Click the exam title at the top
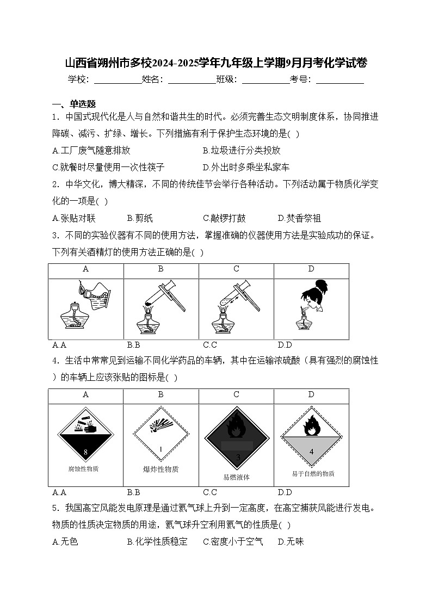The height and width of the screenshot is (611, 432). click(x=216, y=63)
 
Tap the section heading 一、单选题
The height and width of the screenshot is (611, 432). click(x=74, y=104)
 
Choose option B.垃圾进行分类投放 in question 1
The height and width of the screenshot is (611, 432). click(x=242, y=151)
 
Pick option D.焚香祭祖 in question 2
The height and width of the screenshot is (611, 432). click(x=299, y=218)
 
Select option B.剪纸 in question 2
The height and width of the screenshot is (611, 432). click(x=140, y=218)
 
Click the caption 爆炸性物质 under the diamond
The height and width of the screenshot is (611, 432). click(x=161, y=469)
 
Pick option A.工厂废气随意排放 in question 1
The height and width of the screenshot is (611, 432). click(x=91, y=151)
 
